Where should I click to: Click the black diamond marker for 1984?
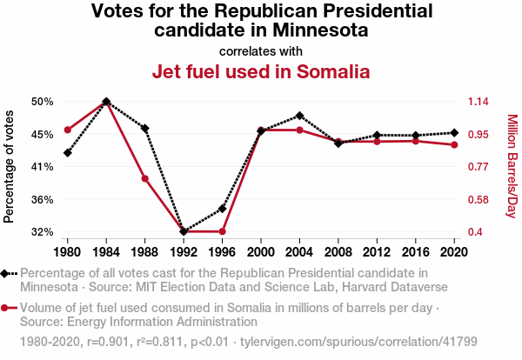click(x=106, y=102)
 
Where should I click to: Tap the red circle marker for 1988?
click(x=145, y=179)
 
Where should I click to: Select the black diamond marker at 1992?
click(x=184, y=231)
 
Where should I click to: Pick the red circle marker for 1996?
click(x=223, y=231)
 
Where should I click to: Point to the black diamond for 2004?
click(x=299, y=116)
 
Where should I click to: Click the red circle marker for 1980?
click(x=68, y=130)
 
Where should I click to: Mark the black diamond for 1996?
click(x=223, y=209)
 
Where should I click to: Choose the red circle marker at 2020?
click(x=454, y=144)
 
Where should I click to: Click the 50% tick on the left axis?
click(x=43, y=102)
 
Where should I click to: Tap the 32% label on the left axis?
click(x=43, y=232)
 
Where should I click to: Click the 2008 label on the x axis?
click(x=338, y=252)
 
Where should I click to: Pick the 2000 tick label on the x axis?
click(x=261, y=252)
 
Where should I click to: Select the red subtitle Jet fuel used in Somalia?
click(x=261, y=71)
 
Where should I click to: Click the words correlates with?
click(x=261, y=50)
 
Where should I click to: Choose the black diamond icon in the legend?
click(x=5, y=273)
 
